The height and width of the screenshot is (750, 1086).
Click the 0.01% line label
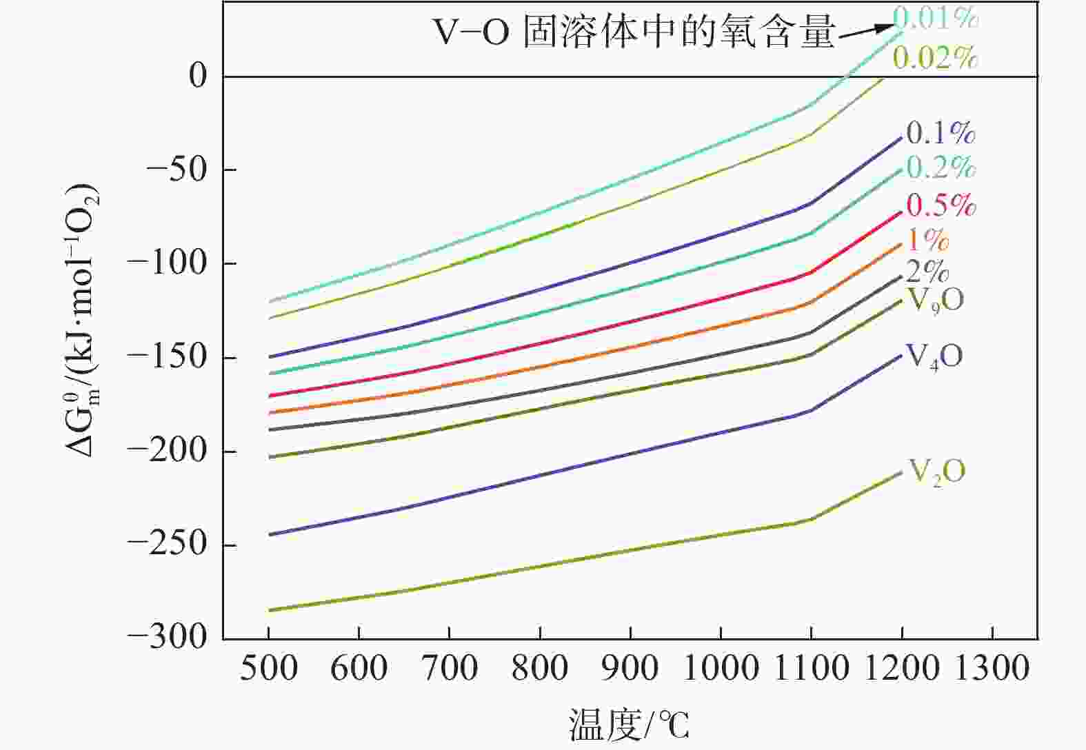click(936, 18)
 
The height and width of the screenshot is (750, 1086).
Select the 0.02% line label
click(936, 59)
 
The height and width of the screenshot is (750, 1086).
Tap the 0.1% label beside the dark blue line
click(941, 133)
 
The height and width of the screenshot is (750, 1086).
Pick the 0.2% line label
click(941, 168)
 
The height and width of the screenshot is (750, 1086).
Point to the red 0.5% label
click(941, 205)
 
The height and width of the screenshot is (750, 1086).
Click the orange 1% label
click(927, 239)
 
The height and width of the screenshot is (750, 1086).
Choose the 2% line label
click(927, 272)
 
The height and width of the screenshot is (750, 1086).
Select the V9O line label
click(935, 301)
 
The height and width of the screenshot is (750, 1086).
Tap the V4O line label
click(934, 357)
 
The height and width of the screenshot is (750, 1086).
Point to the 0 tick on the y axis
click(198, 76)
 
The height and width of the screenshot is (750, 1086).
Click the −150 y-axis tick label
click(168, 358)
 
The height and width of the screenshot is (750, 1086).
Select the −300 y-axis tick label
click(168, 638)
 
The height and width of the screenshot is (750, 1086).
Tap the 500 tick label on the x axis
click(268, 669)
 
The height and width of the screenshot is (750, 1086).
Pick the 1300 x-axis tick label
click(992, 669)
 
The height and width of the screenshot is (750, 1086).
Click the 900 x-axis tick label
click(630, 669)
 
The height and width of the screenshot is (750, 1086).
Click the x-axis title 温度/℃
click(628, 724)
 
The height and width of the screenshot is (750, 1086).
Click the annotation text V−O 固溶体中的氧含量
click(634, 32)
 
